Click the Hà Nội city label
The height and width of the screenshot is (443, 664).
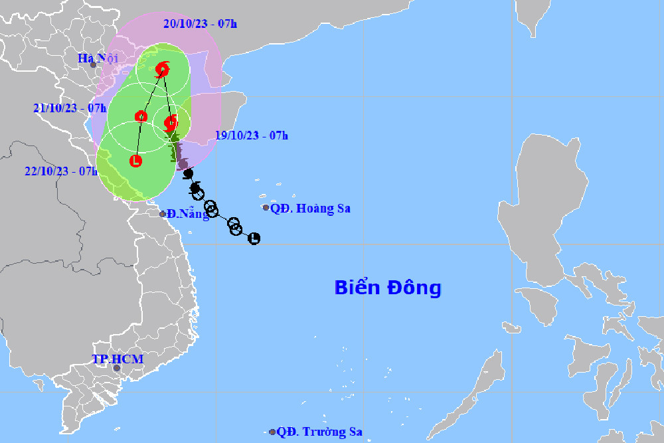pos(98,58)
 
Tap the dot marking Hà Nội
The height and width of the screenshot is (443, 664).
pos(94,64)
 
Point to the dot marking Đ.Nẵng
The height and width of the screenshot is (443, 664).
pos(163,214)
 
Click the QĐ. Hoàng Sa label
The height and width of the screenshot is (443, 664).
pos(310,209)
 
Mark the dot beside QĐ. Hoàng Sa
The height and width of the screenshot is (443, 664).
pos(266,208)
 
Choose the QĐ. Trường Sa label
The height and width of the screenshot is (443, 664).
pos(319,432)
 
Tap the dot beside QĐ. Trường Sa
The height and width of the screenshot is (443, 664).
pos(272,432)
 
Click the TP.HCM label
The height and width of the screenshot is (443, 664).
pos(118,359)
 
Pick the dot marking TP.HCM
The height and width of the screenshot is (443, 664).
pos(117,368)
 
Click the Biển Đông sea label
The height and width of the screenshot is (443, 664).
pos(387,288)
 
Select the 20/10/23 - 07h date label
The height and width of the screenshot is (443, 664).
pos(200,25)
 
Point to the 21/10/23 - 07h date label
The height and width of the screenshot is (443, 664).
pos(69,108)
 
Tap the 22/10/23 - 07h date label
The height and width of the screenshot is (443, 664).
pos(60,171)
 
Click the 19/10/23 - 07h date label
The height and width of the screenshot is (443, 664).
pos(252,135)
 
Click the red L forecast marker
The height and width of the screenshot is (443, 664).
pos(135,160)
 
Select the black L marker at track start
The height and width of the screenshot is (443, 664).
pos(254,238)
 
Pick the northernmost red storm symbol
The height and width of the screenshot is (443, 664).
pos(162,69)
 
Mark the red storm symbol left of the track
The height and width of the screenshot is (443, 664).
pos(141,117)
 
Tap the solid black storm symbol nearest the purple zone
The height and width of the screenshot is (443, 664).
pos(189,174)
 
